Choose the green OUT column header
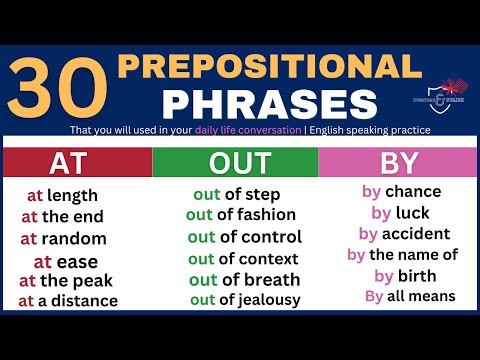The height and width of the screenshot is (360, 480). point(235,162)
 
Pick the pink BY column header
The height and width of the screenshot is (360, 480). point(398,162)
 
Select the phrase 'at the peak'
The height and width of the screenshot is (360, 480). point(67,280)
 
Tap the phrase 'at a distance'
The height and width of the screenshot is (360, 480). point(67,300)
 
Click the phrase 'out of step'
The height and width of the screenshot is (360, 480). point(235,194)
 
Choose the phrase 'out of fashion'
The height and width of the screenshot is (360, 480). point(241,214)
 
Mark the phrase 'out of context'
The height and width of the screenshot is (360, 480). point(243,259)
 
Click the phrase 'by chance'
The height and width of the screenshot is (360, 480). point(400,191)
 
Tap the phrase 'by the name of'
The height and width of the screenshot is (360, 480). point(402,255)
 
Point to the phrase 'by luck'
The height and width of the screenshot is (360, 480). point(400,212)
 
